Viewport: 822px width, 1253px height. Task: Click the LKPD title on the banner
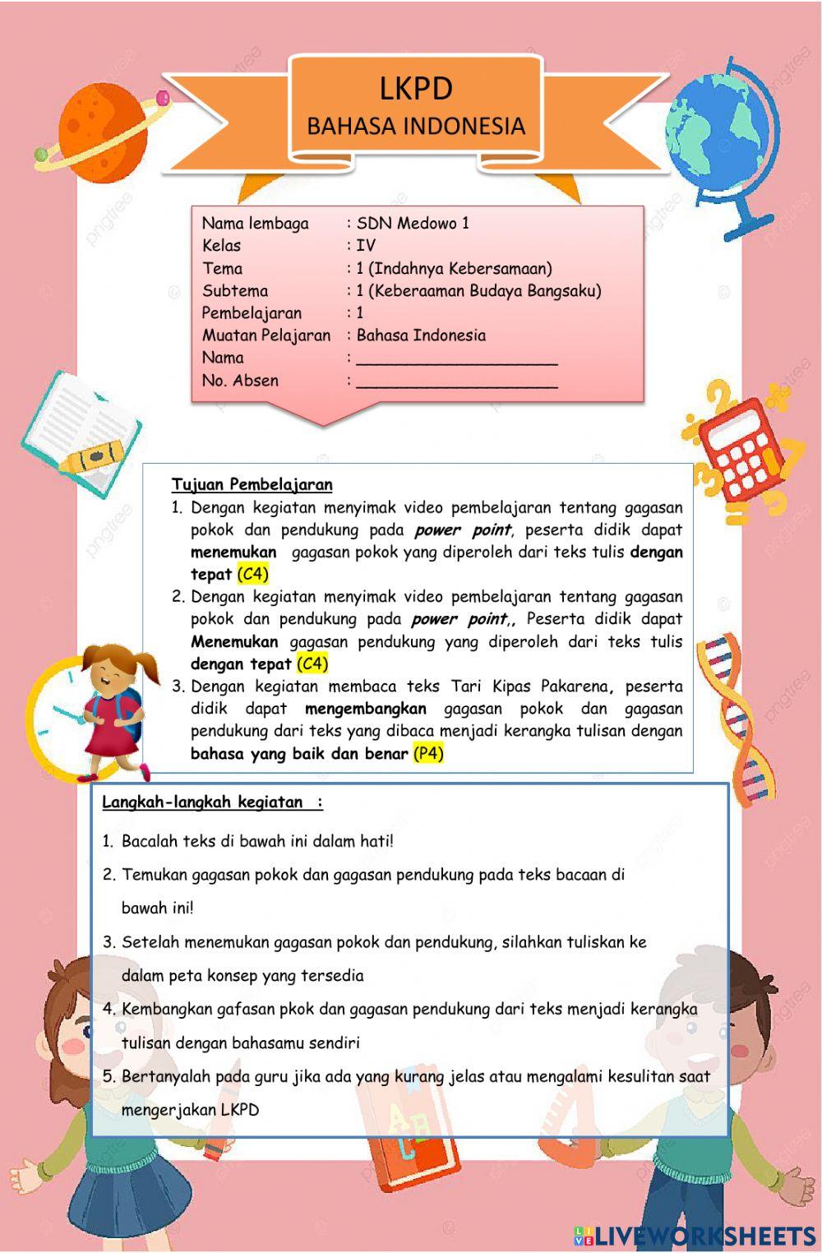[x=415, y=88]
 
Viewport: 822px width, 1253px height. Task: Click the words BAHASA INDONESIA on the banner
[x=415, y=126]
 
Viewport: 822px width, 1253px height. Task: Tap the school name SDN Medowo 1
[x=413, y=223]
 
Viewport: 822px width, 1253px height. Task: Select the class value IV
[x=366, y=245]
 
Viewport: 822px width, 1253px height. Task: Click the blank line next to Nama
[x=456, y=358]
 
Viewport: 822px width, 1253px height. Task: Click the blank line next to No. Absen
[x=456, y=381]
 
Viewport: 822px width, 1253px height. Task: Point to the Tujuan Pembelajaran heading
[x=252, y=484]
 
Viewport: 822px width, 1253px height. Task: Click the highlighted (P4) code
[x=428, y=753]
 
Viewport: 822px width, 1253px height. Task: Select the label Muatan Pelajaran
[x=266, y=335]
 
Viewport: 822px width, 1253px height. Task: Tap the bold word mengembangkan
[x=365, y=709]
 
